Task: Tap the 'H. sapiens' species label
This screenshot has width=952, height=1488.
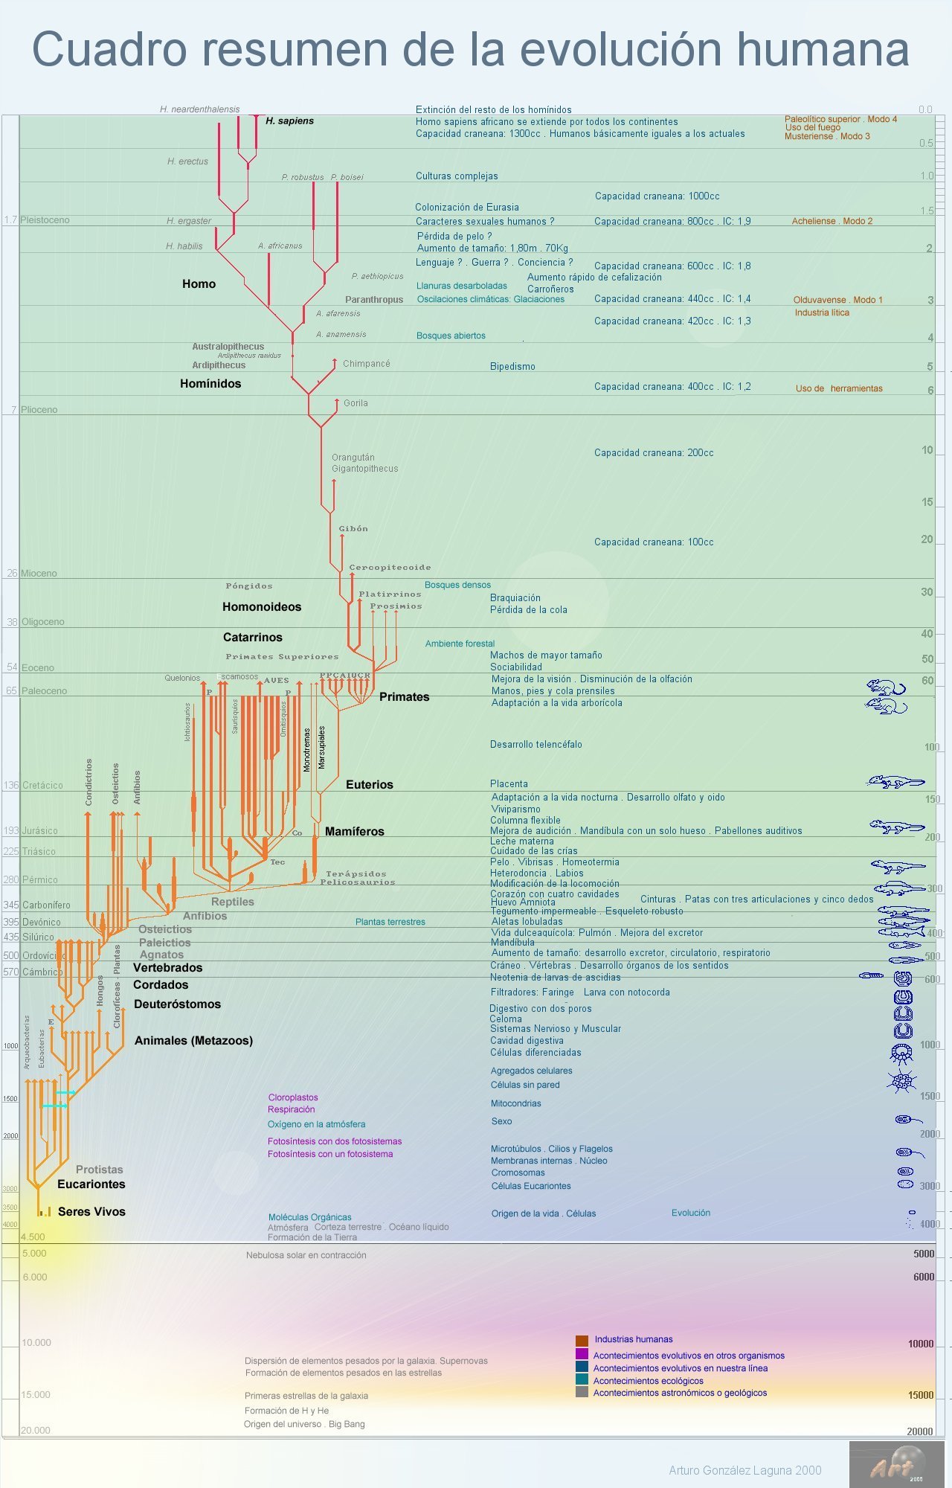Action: [289, 121]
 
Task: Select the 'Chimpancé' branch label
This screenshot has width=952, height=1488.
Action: [367, 364]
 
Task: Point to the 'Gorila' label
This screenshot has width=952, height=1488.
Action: [356, 403]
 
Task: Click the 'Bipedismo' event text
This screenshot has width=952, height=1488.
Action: [512, 367]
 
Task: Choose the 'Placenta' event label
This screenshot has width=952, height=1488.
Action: [509, 784]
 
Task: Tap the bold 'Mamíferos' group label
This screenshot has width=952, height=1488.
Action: [354, 832]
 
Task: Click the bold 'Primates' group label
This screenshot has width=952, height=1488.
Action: [404, 697]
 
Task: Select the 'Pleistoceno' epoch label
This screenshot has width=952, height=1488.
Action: [45, 220]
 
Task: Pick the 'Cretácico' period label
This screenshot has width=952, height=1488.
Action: [42, 786]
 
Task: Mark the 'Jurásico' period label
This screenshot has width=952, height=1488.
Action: [39, 831]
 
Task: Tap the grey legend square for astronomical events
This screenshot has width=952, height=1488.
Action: [582, 1392]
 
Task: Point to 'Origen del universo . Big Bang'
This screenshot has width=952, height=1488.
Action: [304, 1424]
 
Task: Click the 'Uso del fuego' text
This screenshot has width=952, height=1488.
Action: [813, 127]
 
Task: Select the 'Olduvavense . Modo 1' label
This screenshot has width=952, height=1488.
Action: [837, 300]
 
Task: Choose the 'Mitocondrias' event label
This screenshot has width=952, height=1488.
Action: [515, 1103]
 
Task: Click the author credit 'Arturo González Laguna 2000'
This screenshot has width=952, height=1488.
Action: [744, 1470]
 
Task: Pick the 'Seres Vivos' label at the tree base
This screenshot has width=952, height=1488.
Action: [91, 1212]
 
